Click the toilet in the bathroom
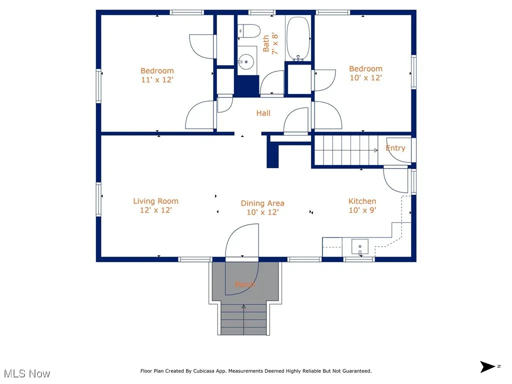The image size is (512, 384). pyautogui.click(x=248, y=30)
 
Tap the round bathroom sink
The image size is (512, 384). pyautogui.click(x=246, y=62)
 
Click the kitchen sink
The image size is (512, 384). pyautogui.click(x=359, y=246)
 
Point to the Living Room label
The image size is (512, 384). pyautogui.click(x=155, y=201)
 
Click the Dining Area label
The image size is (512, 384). pyautogui.click(x=262, y=203)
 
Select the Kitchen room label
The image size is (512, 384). pyautogui.click(x=362, y=201)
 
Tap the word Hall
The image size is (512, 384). pyautogui.click(x=263, y=113)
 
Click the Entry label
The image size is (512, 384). pyautogui.click(x=395, y=148)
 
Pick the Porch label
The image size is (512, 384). pyautogui.click(x=245, y=284)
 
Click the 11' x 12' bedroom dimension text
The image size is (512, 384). pyautogui.click(x=157, y=79)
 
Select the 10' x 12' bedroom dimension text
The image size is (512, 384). pyautogui.click(x=365, y=77)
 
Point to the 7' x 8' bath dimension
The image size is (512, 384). pyautogui.click(x=274, y=43)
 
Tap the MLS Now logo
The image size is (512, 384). pyautogui.click(x=27, y=373)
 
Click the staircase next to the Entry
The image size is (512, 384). pyautogui.click(x=345, y=150)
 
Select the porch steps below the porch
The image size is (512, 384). pyautogui.click(x=244, y=320)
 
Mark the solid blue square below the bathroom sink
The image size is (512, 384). pyautogui.click(x=246, y=86)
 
